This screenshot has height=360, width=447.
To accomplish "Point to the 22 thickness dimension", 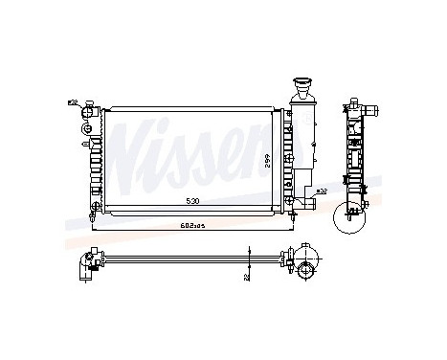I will click(x=248, y=276).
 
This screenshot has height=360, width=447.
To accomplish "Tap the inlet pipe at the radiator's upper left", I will click(x=88, y=107).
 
